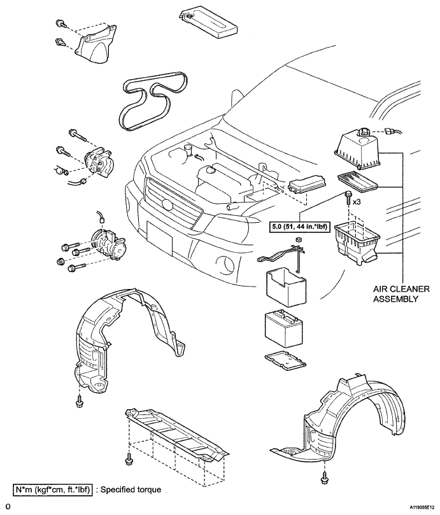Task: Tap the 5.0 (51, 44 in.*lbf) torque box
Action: point(299,227)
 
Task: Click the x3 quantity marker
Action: point(357,202)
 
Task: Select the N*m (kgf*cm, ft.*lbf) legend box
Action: point(53,490)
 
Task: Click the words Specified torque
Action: point(131,490)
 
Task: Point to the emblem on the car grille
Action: point(167,205)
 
